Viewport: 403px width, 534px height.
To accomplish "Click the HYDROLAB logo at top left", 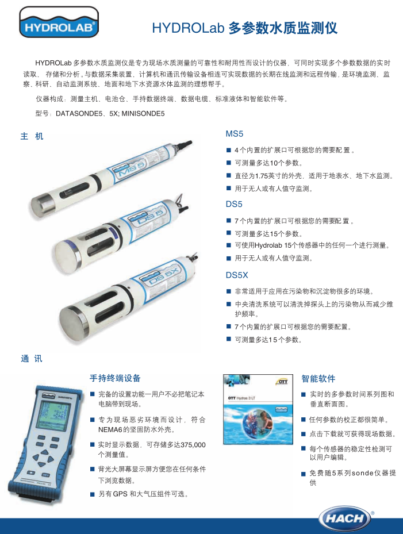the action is click(59, 22).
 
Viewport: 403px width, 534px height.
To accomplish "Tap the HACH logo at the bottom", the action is click(344, 518).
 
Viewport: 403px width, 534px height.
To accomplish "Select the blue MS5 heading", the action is click(235, 134).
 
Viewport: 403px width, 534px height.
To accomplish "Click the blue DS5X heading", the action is click(237, 275).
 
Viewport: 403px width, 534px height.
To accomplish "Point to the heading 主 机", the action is click(32, 136).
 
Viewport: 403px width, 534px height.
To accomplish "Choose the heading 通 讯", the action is click(32, 359).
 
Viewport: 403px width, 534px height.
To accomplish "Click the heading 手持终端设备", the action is click(115, 378).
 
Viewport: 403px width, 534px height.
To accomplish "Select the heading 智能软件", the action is click(318, 378).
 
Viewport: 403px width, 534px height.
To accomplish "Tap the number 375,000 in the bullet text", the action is click(193, 445).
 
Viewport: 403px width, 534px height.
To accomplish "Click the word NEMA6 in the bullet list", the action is click(110, 430).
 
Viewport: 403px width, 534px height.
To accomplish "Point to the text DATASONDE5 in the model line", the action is click(79, 114).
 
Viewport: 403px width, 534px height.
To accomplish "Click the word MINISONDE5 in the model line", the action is click(143, 114).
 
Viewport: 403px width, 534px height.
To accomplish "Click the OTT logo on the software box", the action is click(282, 382).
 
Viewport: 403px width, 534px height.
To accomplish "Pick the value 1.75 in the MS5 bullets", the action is click(262, 176).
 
